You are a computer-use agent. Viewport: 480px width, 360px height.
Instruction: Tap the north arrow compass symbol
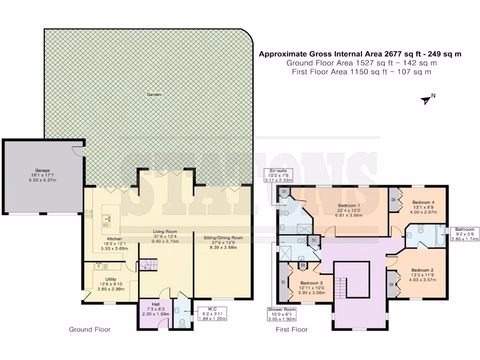pyautogui.click(x=427, y=99)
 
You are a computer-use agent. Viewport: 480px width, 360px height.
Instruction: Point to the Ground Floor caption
pyautogui.click(x=90, y=330)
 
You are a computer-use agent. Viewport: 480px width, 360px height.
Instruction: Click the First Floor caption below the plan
pyautogui.click(x=292, y=330)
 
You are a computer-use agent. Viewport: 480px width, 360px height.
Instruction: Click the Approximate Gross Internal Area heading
pyautogui.click(x=360, y=54)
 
